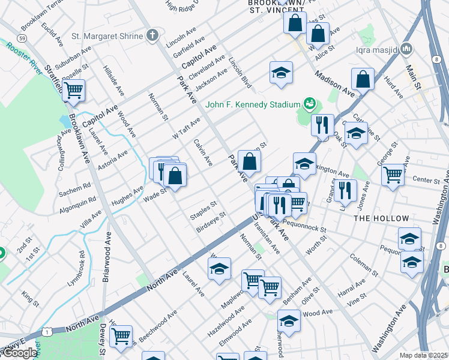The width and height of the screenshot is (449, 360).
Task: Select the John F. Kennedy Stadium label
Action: pos(252,104)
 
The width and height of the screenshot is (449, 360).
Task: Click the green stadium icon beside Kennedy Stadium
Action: pos(309,104)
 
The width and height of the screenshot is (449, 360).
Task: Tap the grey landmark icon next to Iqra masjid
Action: pos(407,48)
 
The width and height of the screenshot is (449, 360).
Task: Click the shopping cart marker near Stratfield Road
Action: pos(74,91)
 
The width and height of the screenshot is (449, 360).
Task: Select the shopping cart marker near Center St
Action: pos(393,175)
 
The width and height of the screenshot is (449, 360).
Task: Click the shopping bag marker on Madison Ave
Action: pos(363,79)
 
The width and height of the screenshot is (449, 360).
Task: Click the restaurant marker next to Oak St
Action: pos(322,125)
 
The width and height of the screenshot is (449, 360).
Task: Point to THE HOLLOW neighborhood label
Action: pos(381,219)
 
